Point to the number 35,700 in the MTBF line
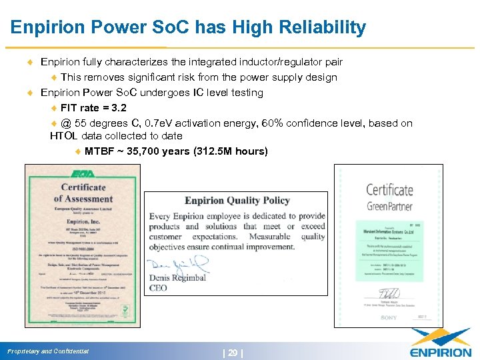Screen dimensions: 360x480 point(145,151)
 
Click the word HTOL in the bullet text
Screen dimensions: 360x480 point(65,136)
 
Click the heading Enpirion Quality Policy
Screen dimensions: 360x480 point(237,200)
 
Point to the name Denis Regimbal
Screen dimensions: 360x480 point(178,278)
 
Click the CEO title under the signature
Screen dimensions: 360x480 point(159,288)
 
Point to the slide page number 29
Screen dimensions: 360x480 point(233,351)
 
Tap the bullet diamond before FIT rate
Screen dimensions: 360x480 point(55,108)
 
